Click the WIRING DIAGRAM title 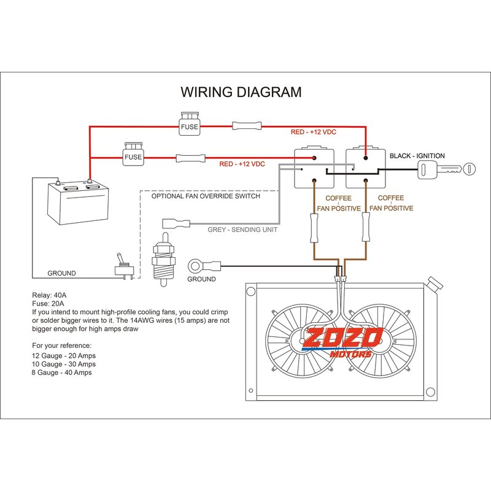point(241,93)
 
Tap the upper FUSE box point(188,125)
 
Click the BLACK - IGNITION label point(417,156)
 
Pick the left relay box point(314,168)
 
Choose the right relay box point(366,168)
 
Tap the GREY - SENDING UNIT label point(242,230)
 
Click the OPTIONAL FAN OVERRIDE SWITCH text point(206,196)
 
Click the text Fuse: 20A point(47,303)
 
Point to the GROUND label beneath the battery point(61,273)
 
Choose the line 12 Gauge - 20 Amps point(64,355)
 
